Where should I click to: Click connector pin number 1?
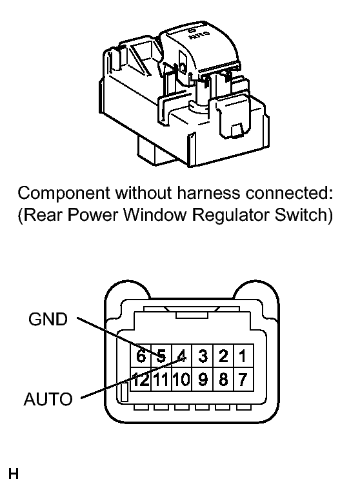point(243,356)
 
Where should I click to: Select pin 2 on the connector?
point(223,356)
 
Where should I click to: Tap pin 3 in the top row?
point(203,356)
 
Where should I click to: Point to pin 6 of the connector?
point(141,356)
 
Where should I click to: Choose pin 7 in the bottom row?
point(243,380)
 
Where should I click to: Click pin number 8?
point(223,380)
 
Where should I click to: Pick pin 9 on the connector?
point(203,380)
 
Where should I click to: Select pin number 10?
point(181,380)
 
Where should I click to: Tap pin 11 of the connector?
point(161,380)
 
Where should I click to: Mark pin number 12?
point(141,380)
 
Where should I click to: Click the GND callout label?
point(48,320)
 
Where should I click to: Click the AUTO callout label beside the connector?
point(48,399)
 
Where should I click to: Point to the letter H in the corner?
point(14,474)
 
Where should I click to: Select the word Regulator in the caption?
point(231,215)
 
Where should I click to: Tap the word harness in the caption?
point(209,193)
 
